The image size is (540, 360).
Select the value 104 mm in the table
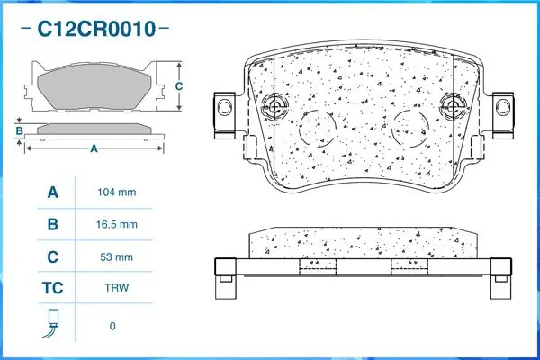tap(115, 193)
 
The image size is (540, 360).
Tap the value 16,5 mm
tap(115, 224)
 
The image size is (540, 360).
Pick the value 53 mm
tap(115, 256)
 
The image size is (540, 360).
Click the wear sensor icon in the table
tap(52, 324)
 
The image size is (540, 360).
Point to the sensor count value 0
tap(112, 326)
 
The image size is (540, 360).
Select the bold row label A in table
tap(52, 193)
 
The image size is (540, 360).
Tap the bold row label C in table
tap(52, 256)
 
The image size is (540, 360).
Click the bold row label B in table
tap(52, 224)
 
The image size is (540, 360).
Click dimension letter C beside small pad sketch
tap(179, 86)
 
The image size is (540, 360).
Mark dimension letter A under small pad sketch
tap(94, 148)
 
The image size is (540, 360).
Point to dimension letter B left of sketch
tap(19, 131)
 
